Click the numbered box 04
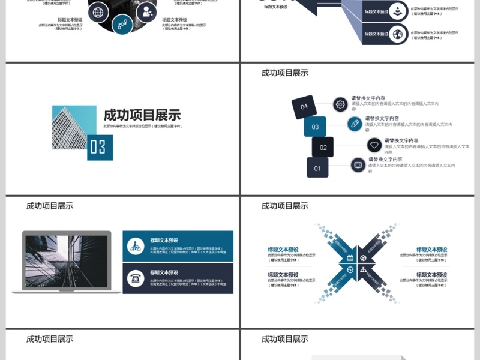click(x=304, y=107)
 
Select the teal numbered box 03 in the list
click(x=315, y=127)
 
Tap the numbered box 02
click(x=323, y=147)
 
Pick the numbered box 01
click(x=317, y=167)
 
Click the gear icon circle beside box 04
click(x=340, y=104)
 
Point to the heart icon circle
click(x=374, y=145)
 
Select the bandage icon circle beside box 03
click(x=355, y=124)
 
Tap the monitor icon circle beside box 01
click(x=358, y=164)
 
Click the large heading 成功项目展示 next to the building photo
click(x=142, y=115)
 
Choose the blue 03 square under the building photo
click(x=100, y=148)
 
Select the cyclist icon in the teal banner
click(x=136, y=246)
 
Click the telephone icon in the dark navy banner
click(x=136, y=278)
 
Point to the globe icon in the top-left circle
click(x=98, y=11)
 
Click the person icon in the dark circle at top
click(x=145, y=11)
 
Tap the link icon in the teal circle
click(x=122, y=25)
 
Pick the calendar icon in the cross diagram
click(x=350, y=258)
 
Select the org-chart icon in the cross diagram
click(x=363, y=270)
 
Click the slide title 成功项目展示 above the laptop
click(x=50, y=205)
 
